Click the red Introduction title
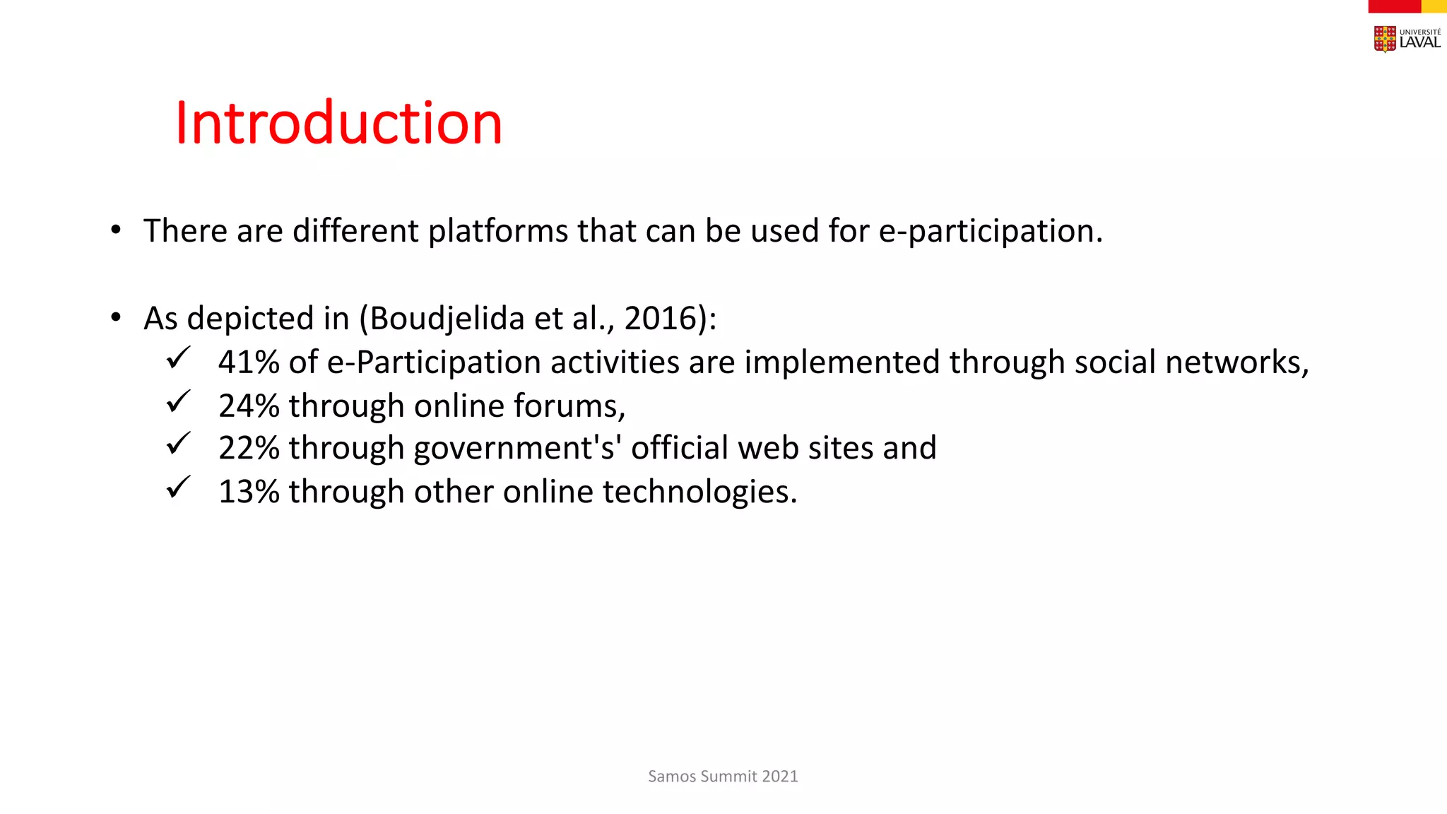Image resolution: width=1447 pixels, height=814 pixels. [x=338, y=123]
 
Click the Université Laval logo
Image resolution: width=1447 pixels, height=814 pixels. [x=1407, y=39]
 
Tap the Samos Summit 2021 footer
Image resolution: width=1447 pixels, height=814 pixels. [x=723, y=776]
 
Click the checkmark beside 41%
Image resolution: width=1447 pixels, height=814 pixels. [x=178, y=358]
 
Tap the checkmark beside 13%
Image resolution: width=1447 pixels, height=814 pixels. [x=178, y=488]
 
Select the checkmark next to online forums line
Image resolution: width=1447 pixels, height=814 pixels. [x=178, y=401]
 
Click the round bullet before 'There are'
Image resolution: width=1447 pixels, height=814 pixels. [x=116, y=230]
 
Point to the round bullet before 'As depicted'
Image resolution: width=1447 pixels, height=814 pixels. [x=116, y=318]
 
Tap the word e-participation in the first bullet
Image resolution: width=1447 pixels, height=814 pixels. [x=989, y=231]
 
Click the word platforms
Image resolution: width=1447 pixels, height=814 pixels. [x=498, y=231]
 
